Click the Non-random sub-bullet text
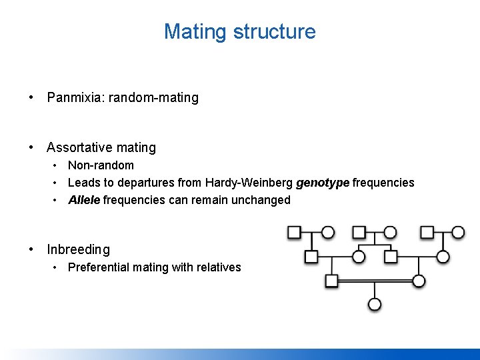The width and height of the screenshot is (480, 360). (x=101, y=165)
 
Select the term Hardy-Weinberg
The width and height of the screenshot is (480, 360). (x=249, y=183)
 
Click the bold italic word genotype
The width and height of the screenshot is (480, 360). (x=323, y=183)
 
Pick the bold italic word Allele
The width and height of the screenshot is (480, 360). (x=84, y=200)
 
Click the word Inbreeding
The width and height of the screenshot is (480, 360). (x=78, y=249)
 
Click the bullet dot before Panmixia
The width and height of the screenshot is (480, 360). (x=31, y=98)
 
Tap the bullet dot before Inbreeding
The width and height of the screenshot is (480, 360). (x=31, y=249)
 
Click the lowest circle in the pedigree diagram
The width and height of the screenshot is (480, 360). (x=375, y=305)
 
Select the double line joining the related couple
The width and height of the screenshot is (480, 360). (x=375, y=281)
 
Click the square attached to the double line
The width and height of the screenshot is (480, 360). (x=331, y=281)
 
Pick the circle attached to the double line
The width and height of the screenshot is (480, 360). (x=419, y=281)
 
